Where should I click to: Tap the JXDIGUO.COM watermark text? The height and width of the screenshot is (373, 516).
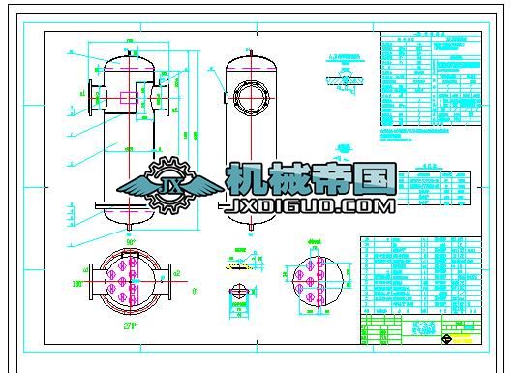tap(307, 206)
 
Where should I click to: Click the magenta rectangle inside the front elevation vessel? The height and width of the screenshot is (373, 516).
tap(128, 97)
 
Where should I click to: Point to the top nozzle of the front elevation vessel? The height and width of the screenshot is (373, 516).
tap(128, 45)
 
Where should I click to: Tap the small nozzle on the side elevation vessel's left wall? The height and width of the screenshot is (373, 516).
tap(225, 98)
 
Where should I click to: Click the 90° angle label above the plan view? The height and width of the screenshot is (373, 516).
tap(130, 241)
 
